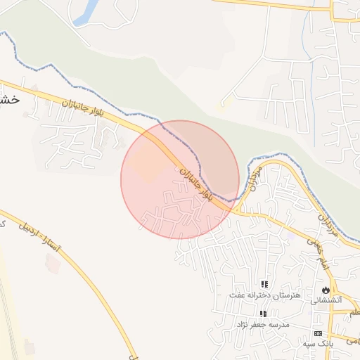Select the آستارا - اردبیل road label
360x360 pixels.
tap(40, 238)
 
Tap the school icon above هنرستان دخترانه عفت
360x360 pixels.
tap(264, 285)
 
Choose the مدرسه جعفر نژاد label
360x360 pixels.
tap(262, 325)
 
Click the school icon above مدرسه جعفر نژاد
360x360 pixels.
tap(262, 314)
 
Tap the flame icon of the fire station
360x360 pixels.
tap(326, 289)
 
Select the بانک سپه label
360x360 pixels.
tap(318, 344)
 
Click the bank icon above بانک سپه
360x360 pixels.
tap(318, 333)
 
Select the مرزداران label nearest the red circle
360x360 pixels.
tap(255, 180)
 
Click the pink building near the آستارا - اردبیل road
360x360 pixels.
tap(52, 263)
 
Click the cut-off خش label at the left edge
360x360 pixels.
tap(10, 100)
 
